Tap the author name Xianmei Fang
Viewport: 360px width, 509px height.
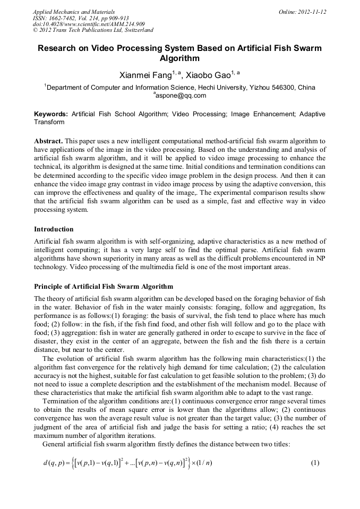142,75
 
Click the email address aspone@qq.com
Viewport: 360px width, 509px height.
181,96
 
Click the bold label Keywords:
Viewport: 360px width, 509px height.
51,114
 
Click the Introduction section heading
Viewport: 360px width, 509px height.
54,229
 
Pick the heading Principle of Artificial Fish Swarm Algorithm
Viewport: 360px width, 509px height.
103,287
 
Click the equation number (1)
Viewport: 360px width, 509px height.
315,462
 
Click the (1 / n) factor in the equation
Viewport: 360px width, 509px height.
202,463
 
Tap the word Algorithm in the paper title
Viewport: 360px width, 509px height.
179,58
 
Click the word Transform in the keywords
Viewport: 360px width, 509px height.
49,122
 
